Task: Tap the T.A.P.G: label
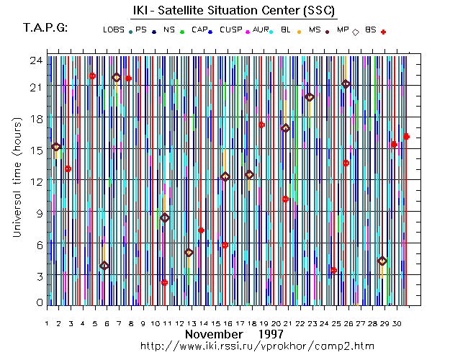coord(45,28)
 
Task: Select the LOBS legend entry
coord(114,30)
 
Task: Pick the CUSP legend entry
coord(231,30)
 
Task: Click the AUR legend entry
coord(261,30)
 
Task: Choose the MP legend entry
coord(343,30)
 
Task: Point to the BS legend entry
coord(371,30)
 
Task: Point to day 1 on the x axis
coord(47,323)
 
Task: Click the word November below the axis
coord(212,335)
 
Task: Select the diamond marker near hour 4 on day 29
coord(382,261)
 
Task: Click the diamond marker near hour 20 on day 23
coord(310,97)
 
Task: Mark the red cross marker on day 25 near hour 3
coord(333,270)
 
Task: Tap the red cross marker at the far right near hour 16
coord(406,136)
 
